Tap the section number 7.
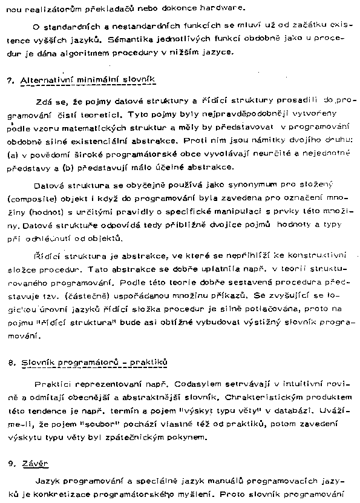(x=10, y=80)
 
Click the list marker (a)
(x=13, y=154)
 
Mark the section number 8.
(x=10, y=362)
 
